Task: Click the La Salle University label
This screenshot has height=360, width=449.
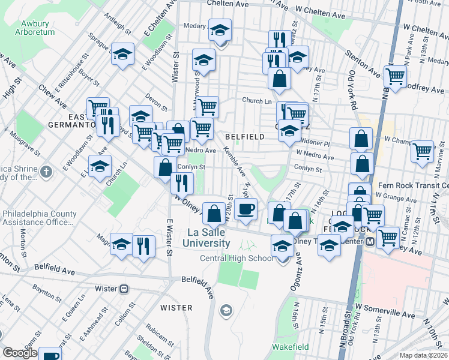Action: click(x=208, y=238)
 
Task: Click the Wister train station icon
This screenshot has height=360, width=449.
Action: click(x=124, y=289)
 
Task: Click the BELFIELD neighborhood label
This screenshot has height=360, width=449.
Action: click(x=245, y=137)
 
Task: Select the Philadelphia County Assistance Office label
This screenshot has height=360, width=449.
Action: click(x=40, y=218)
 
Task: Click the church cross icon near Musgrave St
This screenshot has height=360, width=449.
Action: click(x=46, y=173)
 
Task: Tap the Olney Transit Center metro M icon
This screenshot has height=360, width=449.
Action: click(x=370, y=241)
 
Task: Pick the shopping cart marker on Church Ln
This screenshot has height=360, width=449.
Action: click(x=207, y=107)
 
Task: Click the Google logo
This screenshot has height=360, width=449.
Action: click(x=20, y=353)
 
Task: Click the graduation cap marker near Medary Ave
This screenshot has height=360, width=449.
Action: click(x=220, y=29)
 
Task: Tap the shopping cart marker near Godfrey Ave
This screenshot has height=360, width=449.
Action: click(x=395, y=76)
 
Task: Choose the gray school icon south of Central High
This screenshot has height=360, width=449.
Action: click(x=226, y=310)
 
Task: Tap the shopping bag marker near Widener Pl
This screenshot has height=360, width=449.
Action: click(x=361, y=139)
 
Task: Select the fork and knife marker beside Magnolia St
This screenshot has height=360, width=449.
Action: click(x=143, y=245)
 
